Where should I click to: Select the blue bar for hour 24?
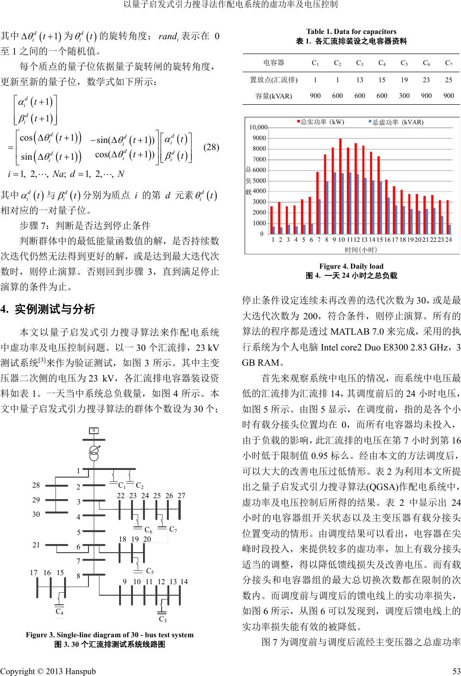click(450, 229)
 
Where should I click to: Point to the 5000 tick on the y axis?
click(260, 181)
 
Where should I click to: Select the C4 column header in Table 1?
click(382, 63)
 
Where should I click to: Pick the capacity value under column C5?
click(404, 96)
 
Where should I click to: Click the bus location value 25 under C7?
click(448, 80)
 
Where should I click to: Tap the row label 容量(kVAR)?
click(274, 96)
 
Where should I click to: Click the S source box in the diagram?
click(95, 431)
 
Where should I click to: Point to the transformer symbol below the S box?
click(95, 451)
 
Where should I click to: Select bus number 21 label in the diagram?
click(36, 545)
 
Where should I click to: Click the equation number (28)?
click(211, 147)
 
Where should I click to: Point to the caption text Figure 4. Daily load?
click(351, 266)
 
